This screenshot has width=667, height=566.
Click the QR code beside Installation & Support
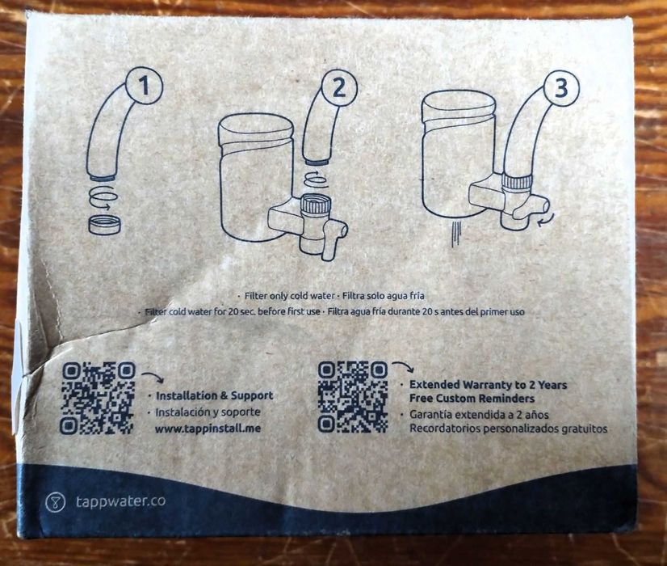click(x=99, y=397)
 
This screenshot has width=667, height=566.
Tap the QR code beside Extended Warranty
click(x=353, y=397)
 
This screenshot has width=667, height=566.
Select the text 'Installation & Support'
click(x=214, y=395)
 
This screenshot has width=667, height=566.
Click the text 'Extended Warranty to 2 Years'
click(x=488, y=385)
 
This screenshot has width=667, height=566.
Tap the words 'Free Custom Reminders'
click(x=472, y=399)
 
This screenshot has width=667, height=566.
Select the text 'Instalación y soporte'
click(x=208, y=412)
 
